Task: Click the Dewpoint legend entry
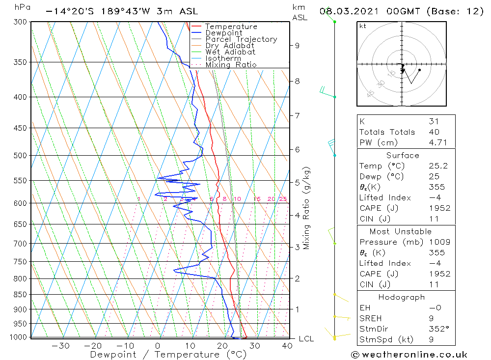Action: (223, 33)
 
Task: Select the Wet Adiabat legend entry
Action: (230, 52)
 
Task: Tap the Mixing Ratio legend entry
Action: (231, 65)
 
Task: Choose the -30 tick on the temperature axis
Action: (60, 346)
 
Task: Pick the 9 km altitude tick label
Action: (297, 46)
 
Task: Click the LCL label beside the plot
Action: (306, 339)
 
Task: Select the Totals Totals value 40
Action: (434, 132)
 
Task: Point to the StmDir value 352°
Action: (438, 329)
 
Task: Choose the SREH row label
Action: (371, 319)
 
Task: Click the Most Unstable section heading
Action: (400, 231)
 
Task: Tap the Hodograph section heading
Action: (402, 297)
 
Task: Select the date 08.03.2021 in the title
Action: (346, 11)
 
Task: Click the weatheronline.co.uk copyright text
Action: (409, 355)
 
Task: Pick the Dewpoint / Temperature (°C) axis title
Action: (161, 355)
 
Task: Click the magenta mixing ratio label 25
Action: (283, 199)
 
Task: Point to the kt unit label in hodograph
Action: (363, 26)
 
